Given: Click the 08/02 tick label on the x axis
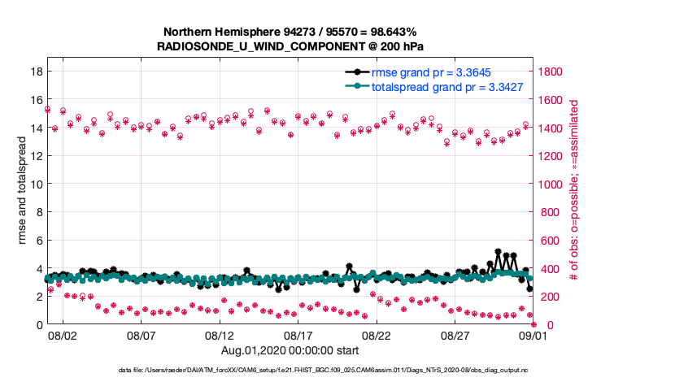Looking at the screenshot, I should [63, 335].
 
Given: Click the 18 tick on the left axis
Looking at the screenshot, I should [35, 72].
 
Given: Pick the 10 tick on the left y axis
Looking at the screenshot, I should [35, 184].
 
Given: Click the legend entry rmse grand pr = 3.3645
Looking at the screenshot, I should [430, 72].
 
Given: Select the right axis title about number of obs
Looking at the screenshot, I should [573, 191].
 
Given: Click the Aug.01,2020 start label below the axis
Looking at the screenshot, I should [290, 350].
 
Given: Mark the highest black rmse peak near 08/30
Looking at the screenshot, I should [498, 252].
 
